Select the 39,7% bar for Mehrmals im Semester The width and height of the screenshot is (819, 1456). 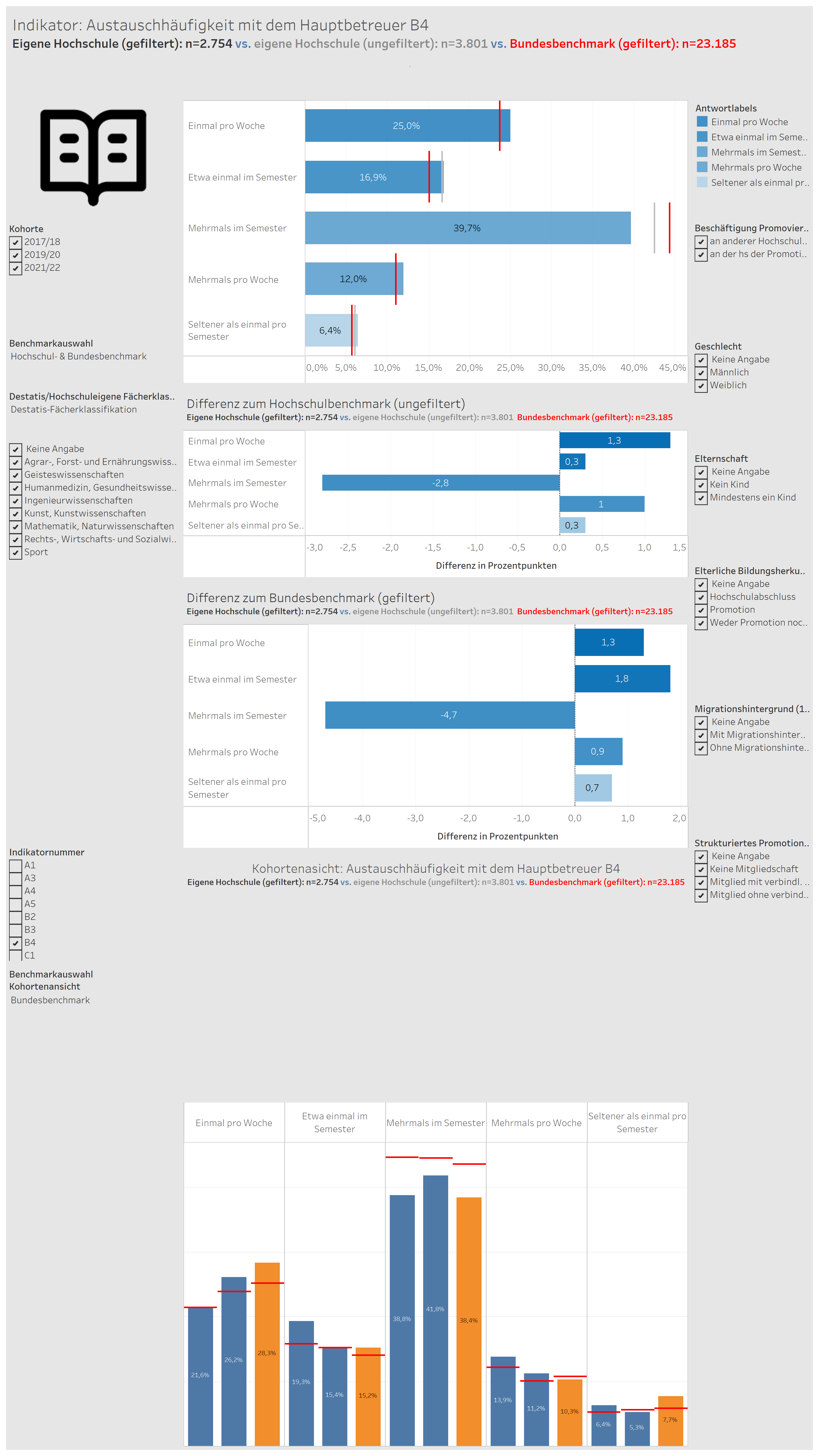click(x=467, y=228)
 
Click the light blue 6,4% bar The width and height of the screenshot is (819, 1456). click(x=331, y=330)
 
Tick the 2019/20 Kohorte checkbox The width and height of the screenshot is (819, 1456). click(x=15, y=255)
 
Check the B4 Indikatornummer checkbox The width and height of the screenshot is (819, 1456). click(x=15, y=943)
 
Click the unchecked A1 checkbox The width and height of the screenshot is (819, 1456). click(x=15, y=865)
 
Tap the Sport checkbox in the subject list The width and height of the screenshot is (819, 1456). click(x=15, y=552)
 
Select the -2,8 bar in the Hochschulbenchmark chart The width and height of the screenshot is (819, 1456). click(x=441, y=483)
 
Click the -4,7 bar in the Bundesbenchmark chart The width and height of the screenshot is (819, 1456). click(x=450, y=715)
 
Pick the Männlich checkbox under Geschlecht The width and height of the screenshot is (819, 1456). click(x=701, y=373)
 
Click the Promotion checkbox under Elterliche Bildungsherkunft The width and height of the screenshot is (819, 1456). click(x=701, y=610)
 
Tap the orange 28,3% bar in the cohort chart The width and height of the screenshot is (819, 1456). click(x=267, y=1354)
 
